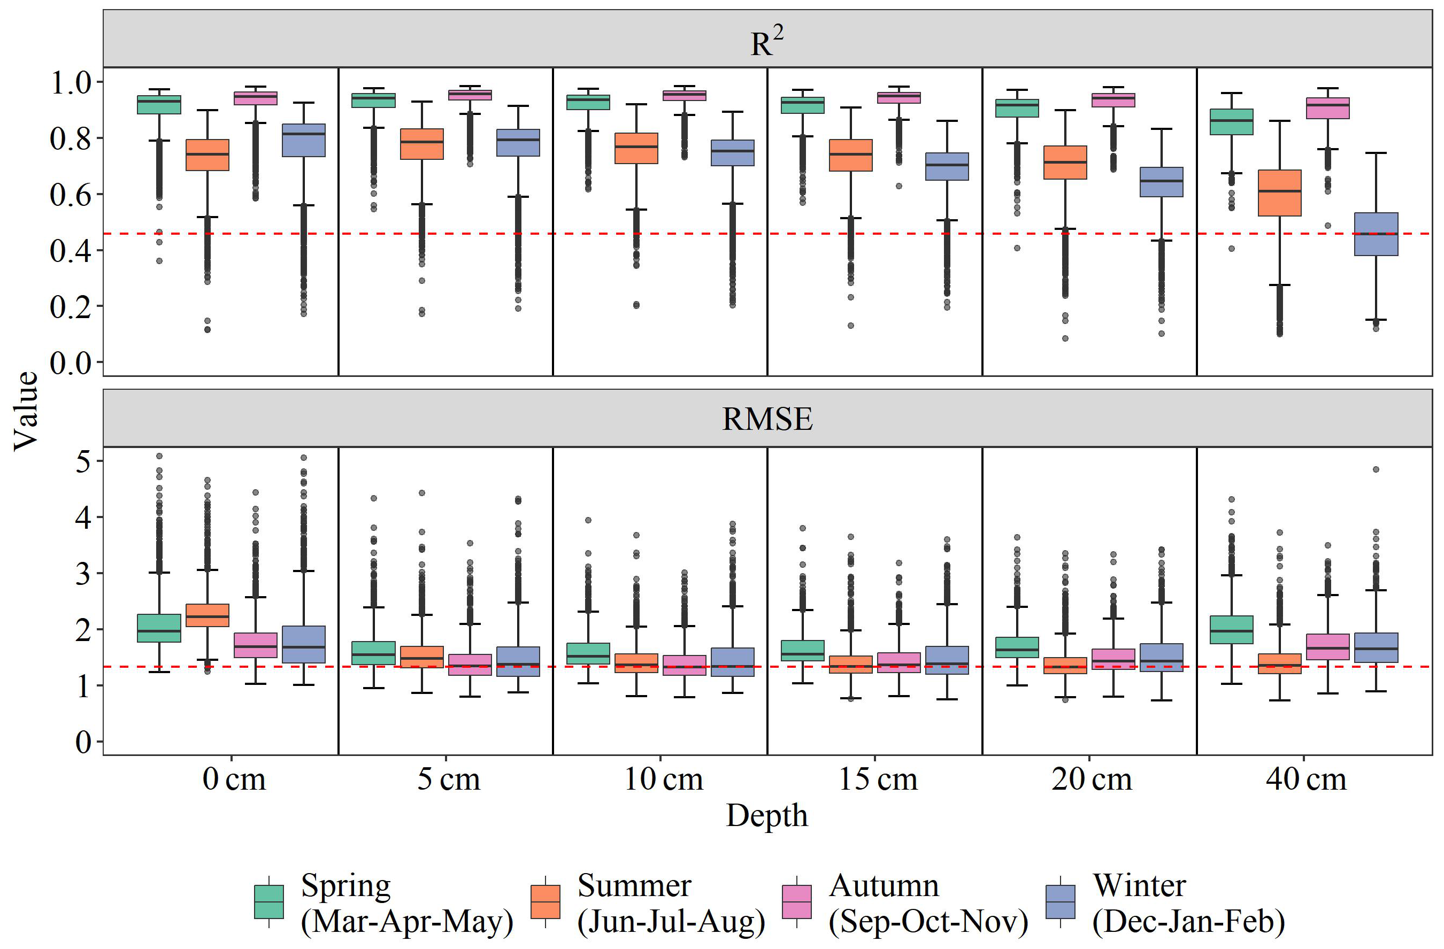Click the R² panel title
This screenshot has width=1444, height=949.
tap(767, 42)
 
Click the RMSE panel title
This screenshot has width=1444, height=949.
tap(767, 419)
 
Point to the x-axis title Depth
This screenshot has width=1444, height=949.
tap(767, 815)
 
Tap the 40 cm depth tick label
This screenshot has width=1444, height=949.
tap(1305, 779)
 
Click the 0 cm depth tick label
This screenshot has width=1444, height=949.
tap(234, 779)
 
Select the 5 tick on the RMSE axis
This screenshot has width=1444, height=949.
tap(83, 461)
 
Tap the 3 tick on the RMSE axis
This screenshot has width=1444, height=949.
tap(83, 574)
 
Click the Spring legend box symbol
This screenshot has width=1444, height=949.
tap(269, 902)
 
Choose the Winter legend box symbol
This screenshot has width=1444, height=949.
tap(1060, 902)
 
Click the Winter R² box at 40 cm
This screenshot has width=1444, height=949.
tap(1376, 234)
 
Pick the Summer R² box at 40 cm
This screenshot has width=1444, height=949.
tap(1280, 193)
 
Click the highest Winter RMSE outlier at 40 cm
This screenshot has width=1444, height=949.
tap(1376, 469)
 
